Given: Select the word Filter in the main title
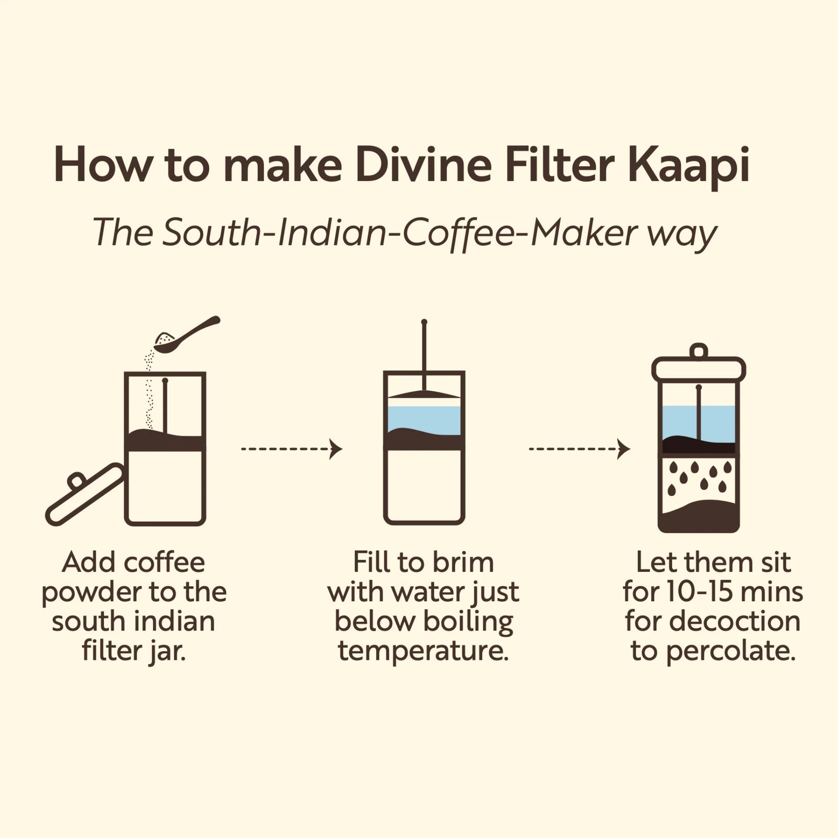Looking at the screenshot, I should click(559, 167).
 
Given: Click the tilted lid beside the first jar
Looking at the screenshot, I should click(85, 494).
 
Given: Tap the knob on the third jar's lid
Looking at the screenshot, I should click(698, 351).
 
